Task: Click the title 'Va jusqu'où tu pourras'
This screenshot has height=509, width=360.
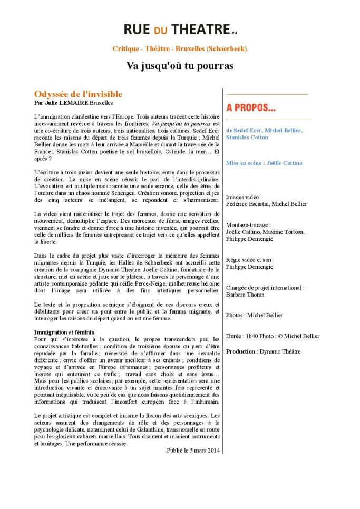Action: click(x=179, y=66)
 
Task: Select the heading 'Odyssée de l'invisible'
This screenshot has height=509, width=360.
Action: click(x=78, y=94)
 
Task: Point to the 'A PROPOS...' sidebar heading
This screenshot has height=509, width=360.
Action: click(x=251, y=108)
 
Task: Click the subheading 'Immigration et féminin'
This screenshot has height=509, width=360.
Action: click(x=64, y=332)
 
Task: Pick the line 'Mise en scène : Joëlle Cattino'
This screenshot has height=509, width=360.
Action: click(x=264, y=163)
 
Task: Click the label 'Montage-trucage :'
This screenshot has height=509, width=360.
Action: click(x=248, y=224)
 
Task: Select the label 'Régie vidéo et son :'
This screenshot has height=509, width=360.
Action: click(x=250, y=260)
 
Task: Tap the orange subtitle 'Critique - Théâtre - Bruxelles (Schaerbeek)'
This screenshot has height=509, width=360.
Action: click(x=180, y=48)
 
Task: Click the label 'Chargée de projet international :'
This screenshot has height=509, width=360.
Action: click(x=265, y=288)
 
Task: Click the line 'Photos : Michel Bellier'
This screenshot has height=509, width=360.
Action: click(x=254, y=315)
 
